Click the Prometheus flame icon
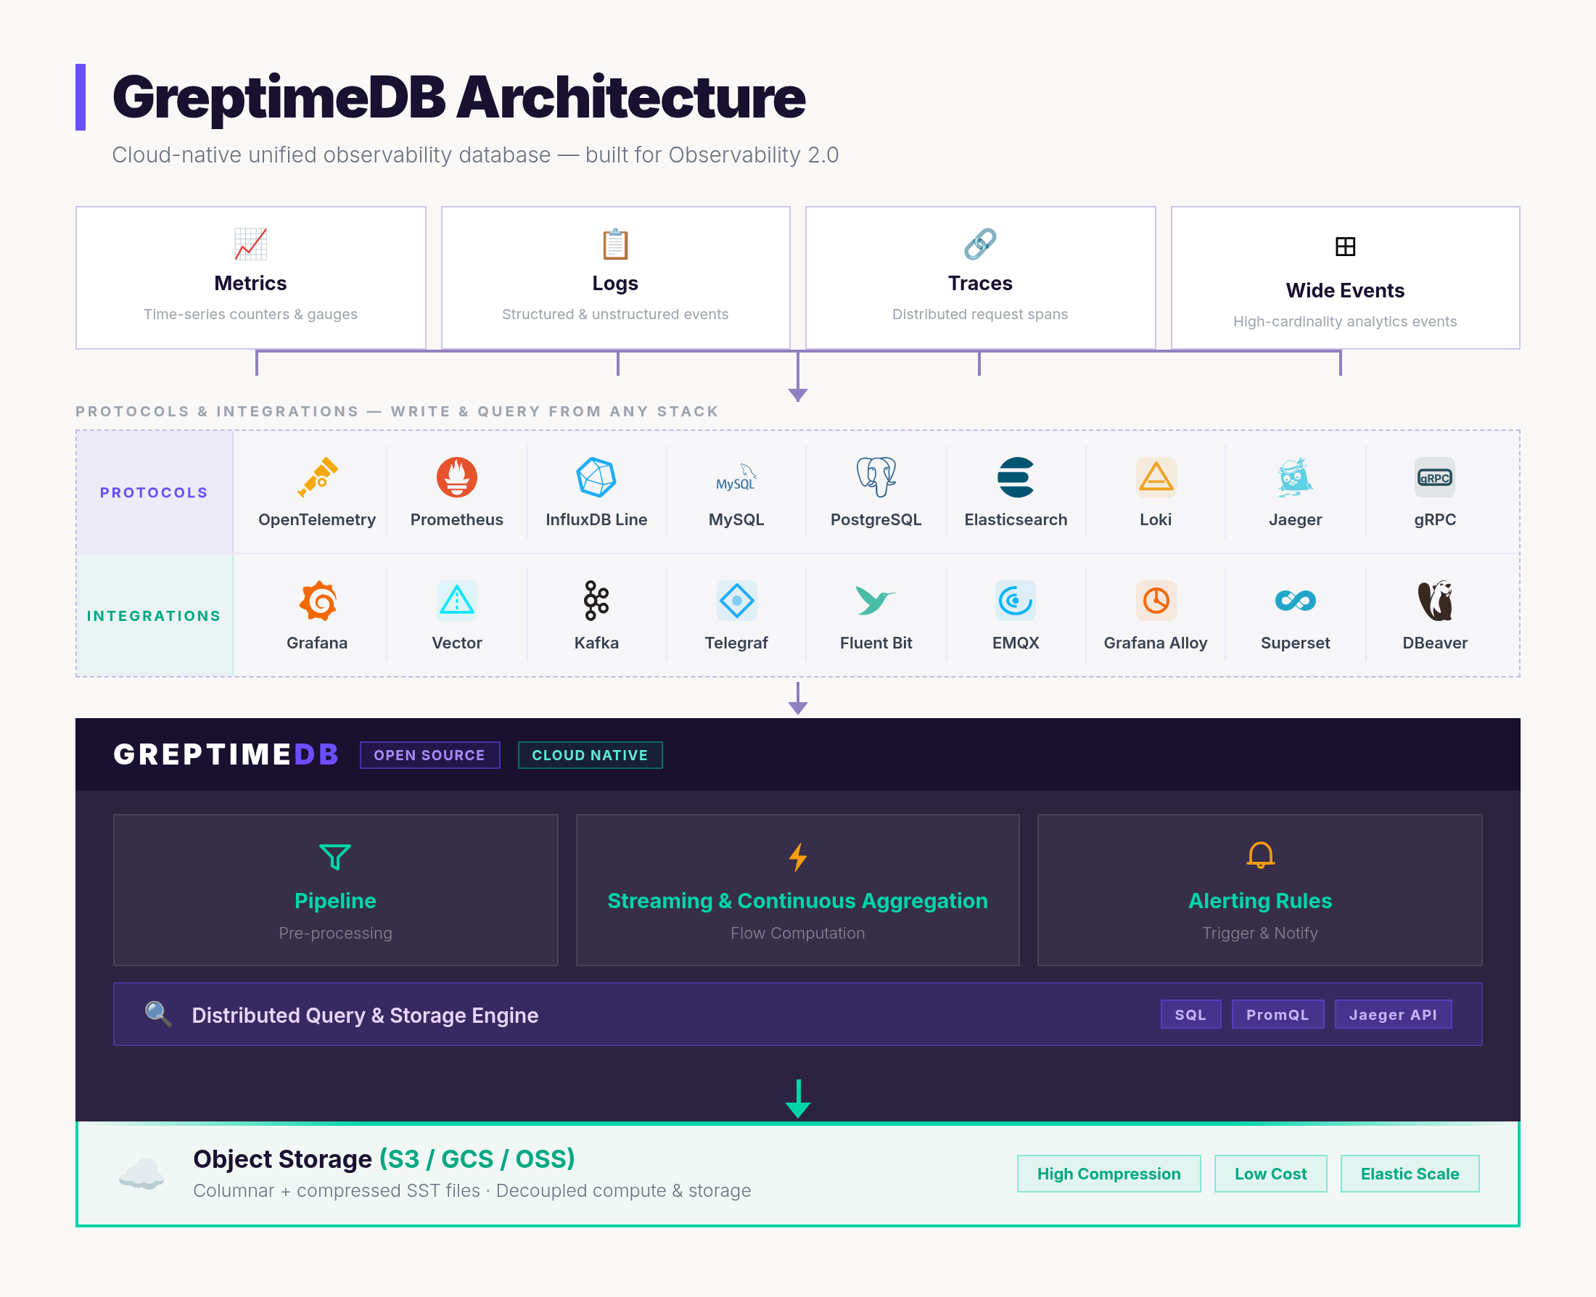point(456,477)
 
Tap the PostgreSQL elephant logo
point(876,477)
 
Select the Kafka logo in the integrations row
point(596,600)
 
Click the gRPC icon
point(1435,477)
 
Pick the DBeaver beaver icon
point(1435,600)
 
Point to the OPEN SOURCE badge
point(429,754)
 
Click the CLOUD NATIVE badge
point(590,754)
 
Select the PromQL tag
point(1278,1014)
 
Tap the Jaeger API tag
point(1393,1014)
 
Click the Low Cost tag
point(1270,1173)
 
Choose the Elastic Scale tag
point(1410,1173)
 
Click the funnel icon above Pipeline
point(334,856)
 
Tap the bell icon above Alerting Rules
point(1260,855)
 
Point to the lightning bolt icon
point(798,857)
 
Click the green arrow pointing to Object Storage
point(798,1098)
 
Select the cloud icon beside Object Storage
point(141,1174)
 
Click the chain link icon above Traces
point(979,244)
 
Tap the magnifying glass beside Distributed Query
point(158,1014)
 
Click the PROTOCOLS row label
point(154,493)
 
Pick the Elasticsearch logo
point(1016,477)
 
